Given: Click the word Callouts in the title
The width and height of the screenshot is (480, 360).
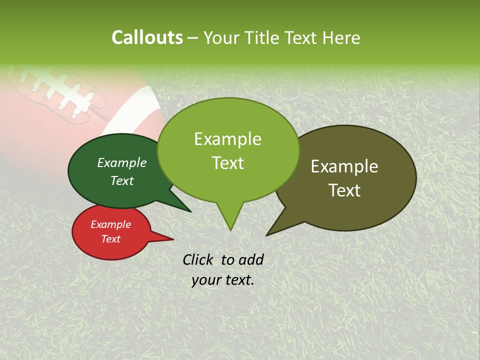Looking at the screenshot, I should pyautogui.click(x=147, y=37).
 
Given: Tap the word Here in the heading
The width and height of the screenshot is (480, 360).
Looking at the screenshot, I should pyautogui.click(x=341, y=38).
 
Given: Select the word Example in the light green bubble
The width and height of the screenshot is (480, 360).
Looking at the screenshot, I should pyautogui.click(x=227, y=139).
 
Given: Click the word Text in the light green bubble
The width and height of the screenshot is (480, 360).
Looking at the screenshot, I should pyautogui.click(x=227, y=163).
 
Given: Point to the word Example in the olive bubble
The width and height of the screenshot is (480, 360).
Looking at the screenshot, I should pyautogui.click(x=344, y=166).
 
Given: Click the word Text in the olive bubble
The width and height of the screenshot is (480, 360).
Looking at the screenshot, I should pyautogui.click(x=344, y=190).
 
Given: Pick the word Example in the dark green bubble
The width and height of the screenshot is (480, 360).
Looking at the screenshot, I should pyautogui.click(x=121, y=162).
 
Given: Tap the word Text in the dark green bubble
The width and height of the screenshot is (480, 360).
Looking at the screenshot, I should pyautogui.click(x=121, y=180).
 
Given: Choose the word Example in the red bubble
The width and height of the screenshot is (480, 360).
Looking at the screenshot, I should pyautogui.click(x=110, y=224).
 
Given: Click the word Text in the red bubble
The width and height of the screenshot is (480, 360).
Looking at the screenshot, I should pyautogui.click(x=110, y=239).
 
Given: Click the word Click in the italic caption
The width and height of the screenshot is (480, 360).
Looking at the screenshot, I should pyautogui.click(x=198, y=259).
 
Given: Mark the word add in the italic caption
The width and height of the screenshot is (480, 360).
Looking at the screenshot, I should pyautogui.click(x=250, y=259).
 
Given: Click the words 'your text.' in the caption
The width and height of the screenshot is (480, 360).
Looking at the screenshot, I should pyautogui.click(x=222, y=280).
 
